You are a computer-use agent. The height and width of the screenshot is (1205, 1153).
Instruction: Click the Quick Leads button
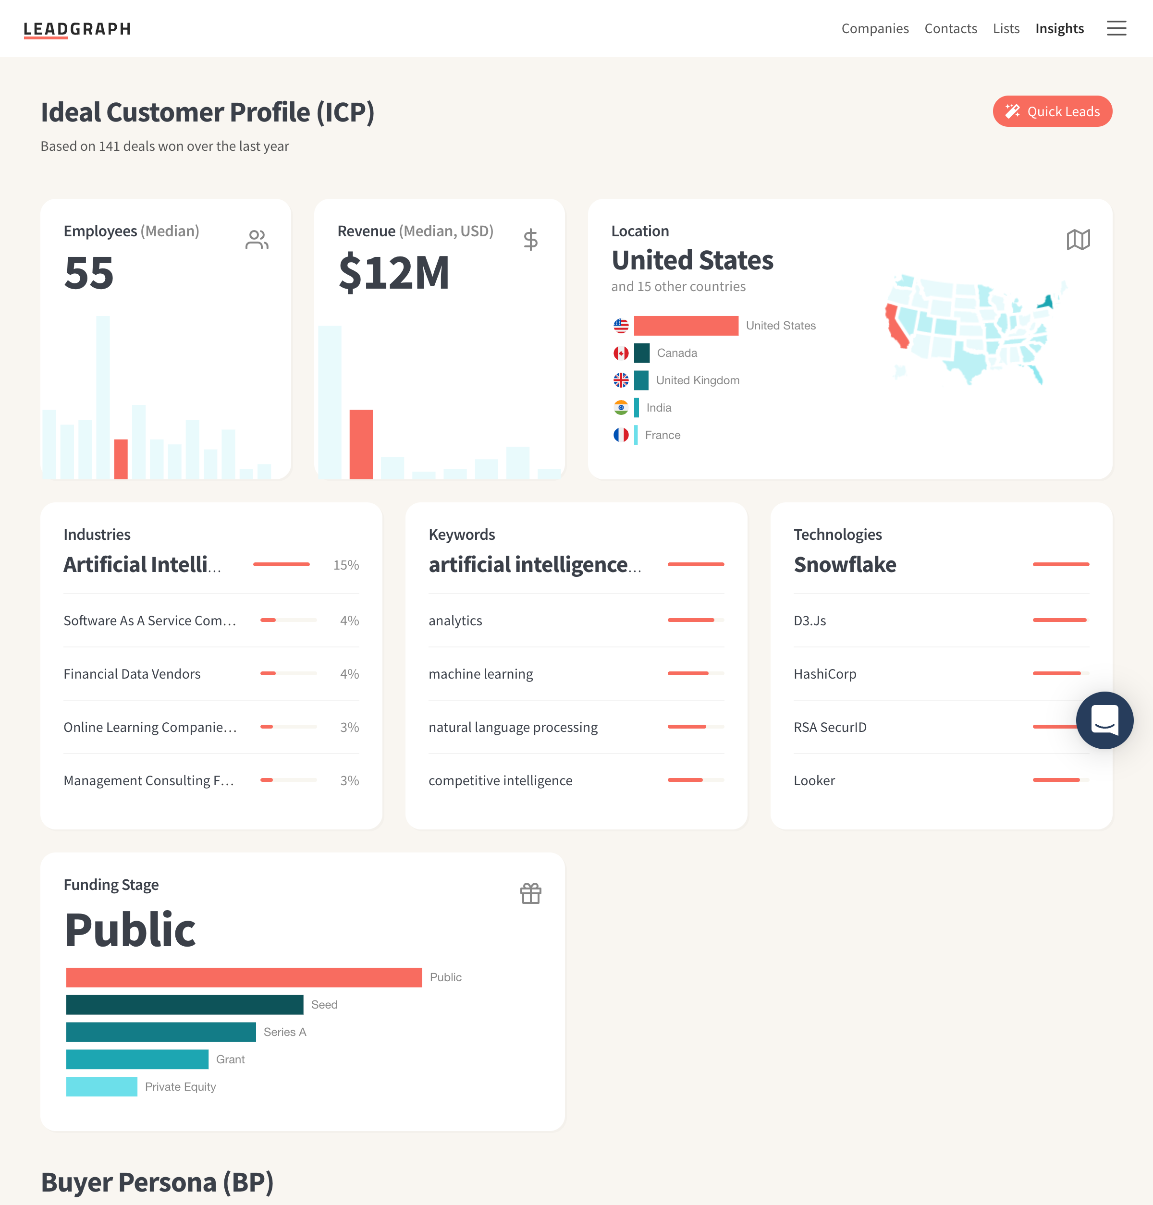coord(1052,111)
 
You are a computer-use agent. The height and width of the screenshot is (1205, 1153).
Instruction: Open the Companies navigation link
coord(874,29)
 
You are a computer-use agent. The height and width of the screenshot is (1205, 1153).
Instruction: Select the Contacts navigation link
coord(950,29)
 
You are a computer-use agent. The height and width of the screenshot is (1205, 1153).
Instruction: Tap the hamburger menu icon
coord(1116,29)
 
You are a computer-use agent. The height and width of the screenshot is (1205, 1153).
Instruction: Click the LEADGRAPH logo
coord(77,29)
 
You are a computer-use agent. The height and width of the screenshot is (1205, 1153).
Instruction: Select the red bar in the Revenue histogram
coord(361,444)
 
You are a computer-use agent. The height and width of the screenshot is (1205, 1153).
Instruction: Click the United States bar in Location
coord(686,326)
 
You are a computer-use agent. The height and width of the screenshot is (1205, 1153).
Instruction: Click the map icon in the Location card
coord(1078,240)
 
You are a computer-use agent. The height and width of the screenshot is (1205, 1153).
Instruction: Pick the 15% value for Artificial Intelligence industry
coord(346,565)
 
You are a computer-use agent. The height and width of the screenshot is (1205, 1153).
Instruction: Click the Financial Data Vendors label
coord(132,674)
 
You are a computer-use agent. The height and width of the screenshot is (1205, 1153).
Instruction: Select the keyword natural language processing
coord(513,728)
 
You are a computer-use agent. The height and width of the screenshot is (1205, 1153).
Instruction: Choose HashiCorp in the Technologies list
coord(825,674)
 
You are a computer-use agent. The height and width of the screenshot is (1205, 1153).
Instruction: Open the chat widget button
coord(1104,720)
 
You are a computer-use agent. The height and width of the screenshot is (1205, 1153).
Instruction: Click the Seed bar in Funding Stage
coord(184,1005)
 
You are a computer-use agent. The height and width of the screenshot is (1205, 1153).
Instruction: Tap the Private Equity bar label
coord(180,1087)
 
